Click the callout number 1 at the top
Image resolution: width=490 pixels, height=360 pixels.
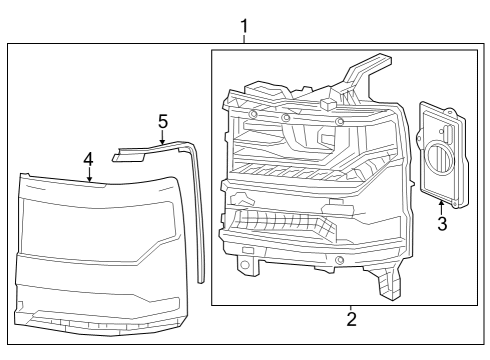[245, 22]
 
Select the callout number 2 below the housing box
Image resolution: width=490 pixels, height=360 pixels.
[351, 320]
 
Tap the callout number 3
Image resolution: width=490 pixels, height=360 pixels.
[441, 223]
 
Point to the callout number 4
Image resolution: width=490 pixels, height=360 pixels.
[89, 159]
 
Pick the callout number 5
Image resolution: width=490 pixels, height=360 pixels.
[163, 121]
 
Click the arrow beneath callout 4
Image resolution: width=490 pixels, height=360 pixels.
[89, 177]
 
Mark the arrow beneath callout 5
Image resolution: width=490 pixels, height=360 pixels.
[163, 140]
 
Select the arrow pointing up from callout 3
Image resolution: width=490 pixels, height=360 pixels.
[441, 203]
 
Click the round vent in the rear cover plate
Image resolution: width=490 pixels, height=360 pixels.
[439, 159]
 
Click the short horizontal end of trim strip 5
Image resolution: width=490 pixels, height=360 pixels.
[128, 155]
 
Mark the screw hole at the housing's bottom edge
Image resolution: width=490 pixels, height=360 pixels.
[340, 260]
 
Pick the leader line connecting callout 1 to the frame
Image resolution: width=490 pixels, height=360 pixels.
[245, 37]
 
